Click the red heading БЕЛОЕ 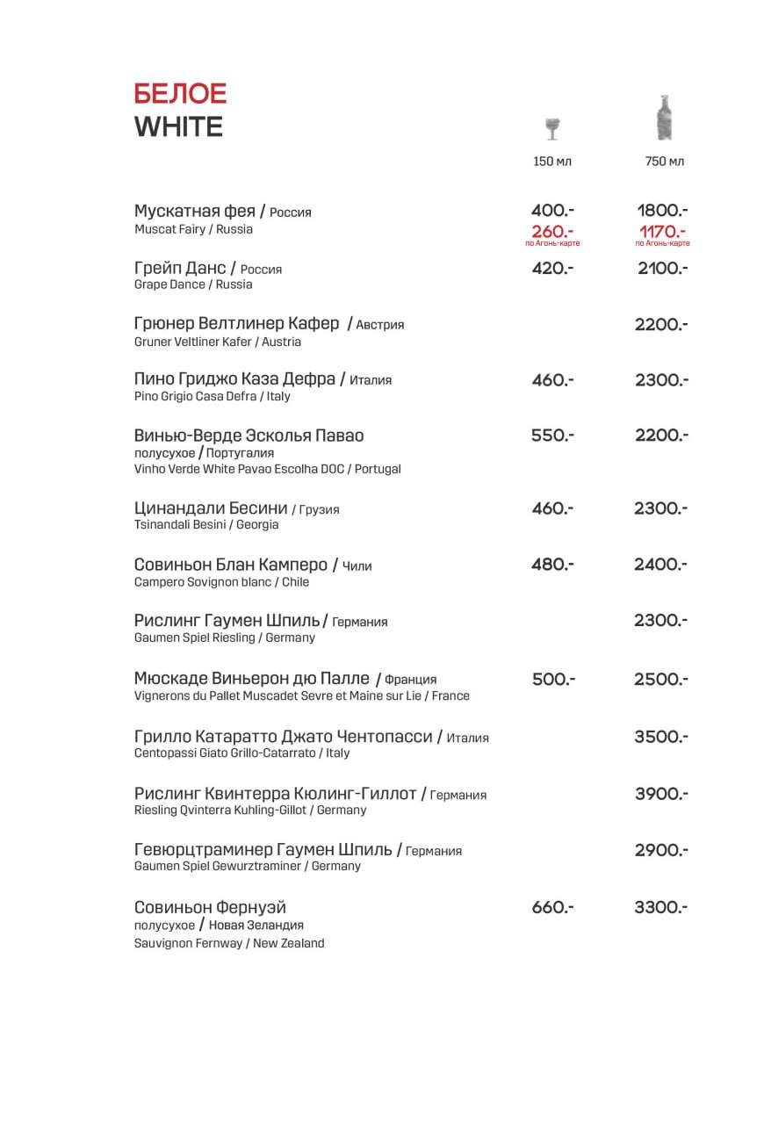[x=180, y=93]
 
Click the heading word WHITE [x=178, y=127]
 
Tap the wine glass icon [x=552, y=128]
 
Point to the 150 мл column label [x=552, y=162]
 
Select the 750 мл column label [x=664, y=162]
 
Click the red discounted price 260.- [x=552, y=231]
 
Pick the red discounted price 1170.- [x=662, y=231]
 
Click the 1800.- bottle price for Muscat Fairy [x=662, y=211]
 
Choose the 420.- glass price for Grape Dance [x=552, y=269]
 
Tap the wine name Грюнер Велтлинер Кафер [x=236, y=324]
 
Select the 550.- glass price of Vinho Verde [x=552, y=436]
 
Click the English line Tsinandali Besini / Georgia [x=206, y=525]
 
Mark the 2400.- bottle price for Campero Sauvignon [x=661, y=565]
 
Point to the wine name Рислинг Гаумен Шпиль [x=227, y=621]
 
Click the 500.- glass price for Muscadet [x=553, y=680]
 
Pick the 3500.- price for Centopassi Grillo [x=661, y=737]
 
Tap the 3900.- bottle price [x=661, y=794]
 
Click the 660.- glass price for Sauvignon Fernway [x=552, y=907]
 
